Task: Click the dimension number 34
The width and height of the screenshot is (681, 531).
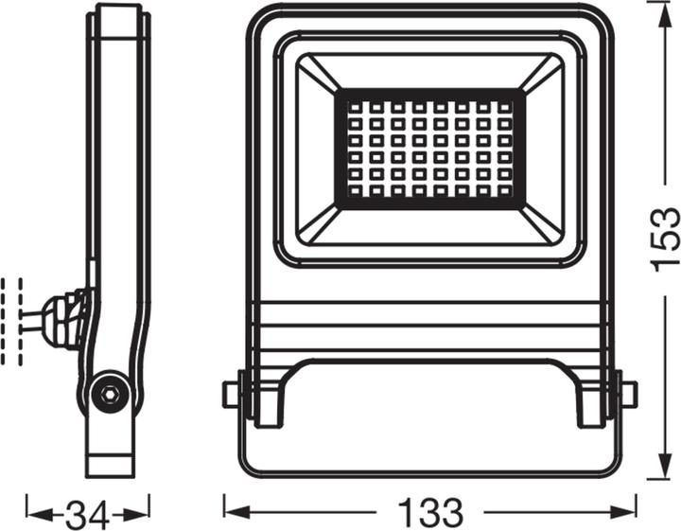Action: click(x=87, y=515)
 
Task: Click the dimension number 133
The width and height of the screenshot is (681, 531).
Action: click(x=430, y=514)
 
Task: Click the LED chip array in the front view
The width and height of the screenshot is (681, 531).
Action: click(x=429, y=149)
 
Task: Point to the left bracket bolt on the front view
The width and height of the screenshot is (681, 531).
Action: click(x=230, y=394)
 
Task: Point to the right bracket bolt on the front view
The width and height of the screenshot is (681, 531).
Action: click(x=628, y=394)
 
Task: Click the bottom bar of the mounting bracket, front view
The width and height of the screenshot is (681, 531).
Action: click(x=430, y=464)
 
